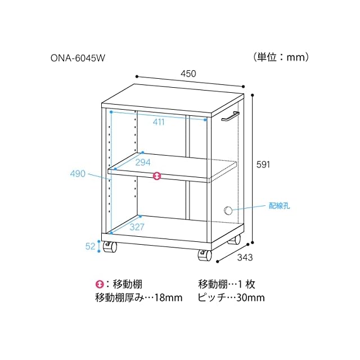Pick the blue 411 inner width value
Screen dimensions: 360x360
[159, 121]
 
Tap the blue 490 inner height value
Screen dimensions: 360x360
[78, 173]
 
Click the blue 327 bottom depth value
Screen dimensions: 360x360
[137, 227]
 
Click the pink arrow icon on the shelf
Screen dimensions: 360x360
[157, 177]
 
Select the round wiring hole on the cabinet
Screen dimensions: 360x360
[228, 211]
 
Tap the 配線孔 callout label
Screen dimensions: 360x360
[279, 205]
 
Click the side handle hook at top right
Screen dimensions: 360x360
[229, 116]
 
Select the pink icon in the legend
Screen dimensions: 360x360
[100, 285]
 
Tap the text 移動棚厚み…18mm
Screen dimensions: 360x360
[139, 298]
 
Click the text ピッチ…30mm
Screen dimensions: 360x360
[231, 298]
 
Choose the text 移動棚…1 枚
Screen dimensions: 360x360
[227, 285]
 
